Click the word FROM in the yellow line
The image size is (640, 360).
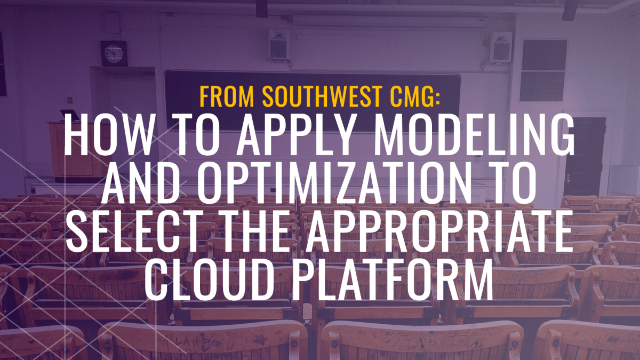point(227,97)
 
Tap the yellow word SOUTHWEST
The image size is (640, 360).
point(322,97)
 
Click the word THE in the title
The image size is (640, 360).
point(258,230)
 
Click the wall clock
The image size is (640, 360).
point(114,53)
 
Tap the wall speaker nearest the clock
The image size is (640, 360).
point(278,44)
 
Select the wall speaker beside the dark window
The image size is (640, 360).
point(501,47)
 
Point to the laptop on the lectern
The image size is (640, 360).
point(70,115)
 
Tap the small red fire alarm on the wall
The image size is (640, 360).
point(69,100)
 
